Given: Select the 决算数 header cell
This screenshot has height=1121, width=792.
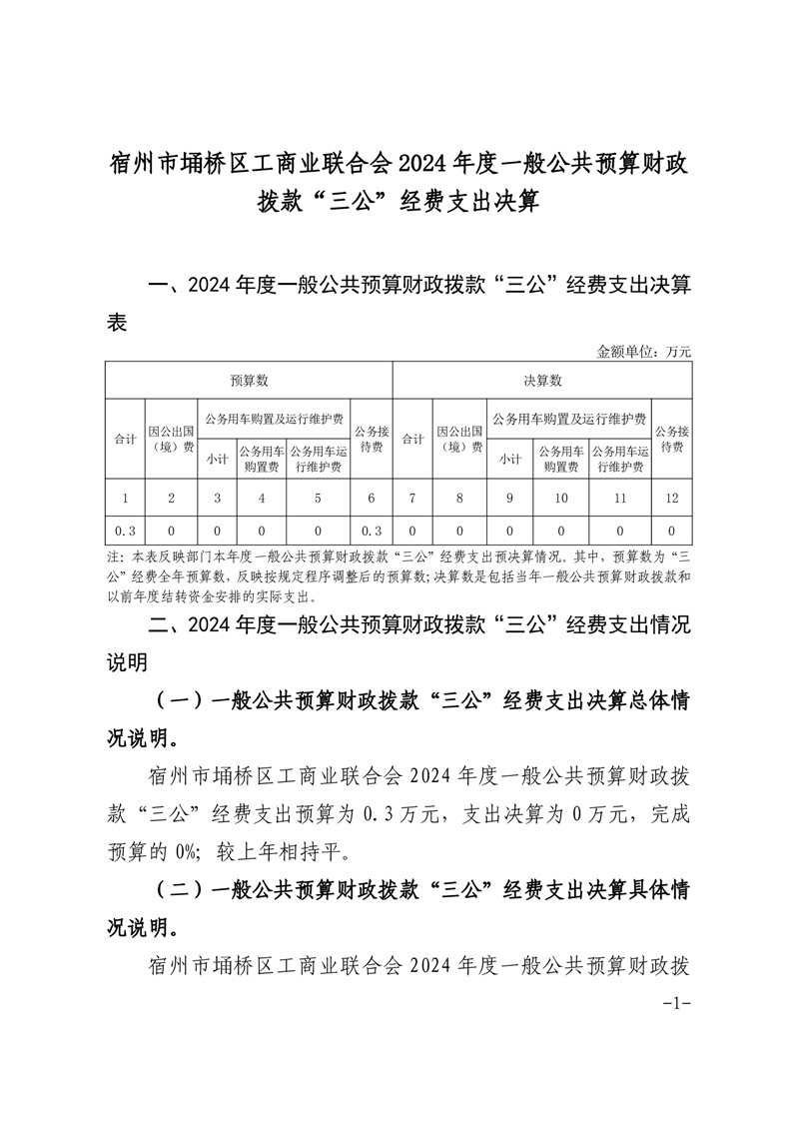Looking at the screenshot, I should [x=542, y=381].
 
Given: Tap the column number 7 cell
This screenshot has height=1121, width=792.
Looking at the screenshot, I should [x=411, y=497].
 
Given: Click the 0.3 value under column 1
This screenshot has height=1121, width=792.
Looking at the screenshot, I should [x=125, y=531].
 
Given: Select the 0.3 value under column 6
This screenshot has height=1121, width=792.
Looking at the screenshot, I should [x=371, y=531].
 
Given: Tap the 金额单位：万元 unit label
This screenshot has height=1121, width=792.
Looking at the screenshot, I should [x=643, y=351].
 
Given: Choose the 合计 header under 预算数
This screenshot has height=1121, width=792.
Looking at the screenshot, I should [x=125, y=439].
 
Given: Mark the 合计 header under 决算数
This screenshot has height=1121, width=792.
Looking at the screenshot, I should [x=411, y=439].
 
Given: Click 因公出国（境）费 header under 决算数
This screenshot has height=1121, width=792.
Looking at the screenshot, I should [x=459, y=439].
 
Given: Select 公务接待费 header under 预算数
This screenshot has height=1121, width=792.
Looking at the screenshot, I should [x=371, y=439].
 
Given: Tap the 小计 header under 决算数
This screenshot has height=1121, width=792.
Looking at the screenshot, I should [x=509, y=459].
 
